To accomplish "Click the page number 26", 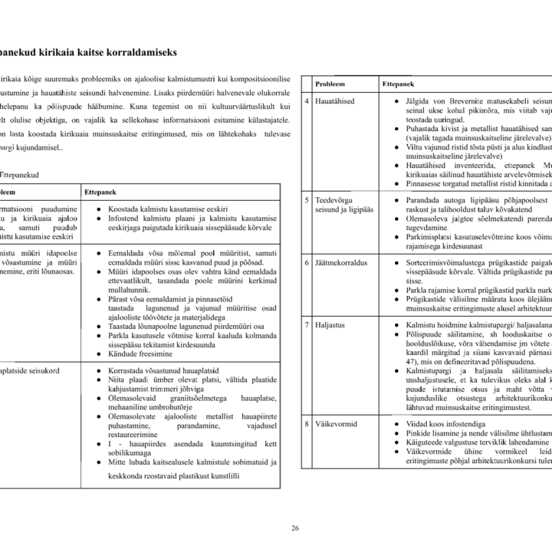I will (x=295, y=527).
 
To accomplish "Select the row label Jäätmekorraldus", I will (x=341, y=262).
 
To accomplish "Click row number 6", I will (x=306, y=262).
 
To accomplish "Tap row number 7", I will (x=306, y=325).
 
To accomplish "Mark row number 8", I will (x=306, y=422).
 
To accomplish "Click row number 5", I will (x=306, y=199).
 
